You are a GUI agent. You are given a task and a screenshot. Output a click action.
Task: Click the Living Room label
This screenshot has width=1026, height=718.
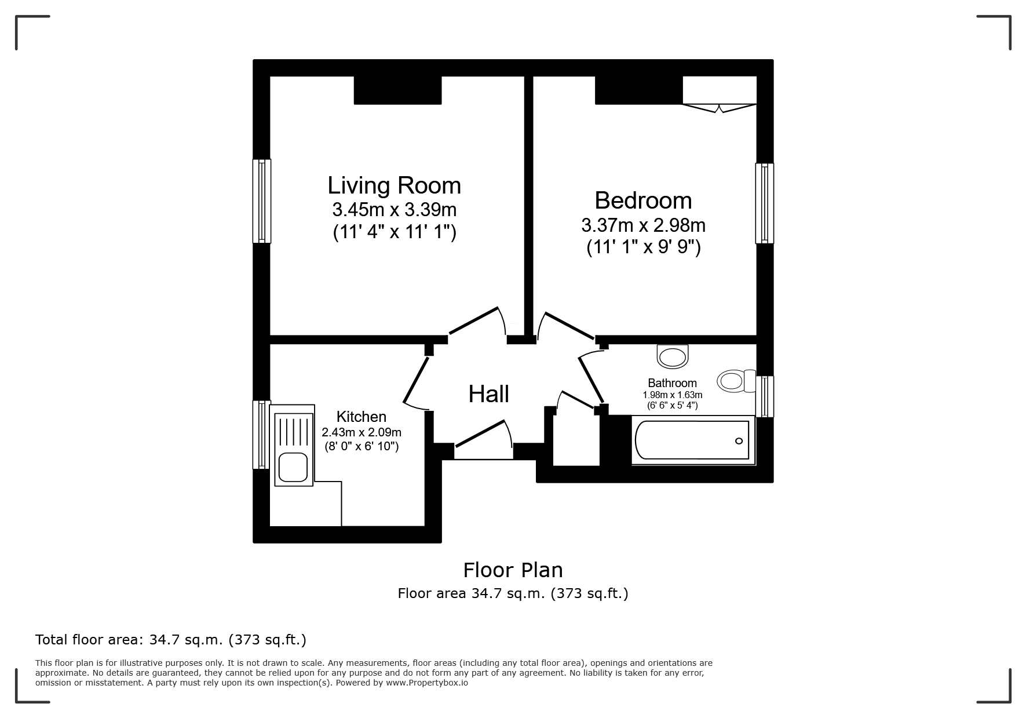[x=394, y=185]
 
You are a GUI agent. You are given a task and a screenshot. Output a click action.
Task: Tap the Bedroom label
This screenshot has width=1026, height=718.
[x=643, y=201]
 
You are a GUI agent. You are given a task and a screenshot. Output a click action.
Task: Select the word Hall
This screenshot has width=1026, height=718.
[x=488, y=394]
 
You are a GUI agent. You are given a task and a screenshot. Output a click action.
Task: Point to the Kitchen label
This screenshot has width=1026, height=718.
[x=361, y=417]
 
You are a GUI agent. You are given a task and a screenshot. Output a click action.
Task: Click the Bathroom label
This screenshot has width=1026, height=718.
[x=672, y=383]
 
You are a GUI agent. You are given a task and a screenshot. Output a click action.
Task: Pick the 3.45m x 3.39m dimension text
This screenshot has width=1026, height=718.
[x=394, y=209]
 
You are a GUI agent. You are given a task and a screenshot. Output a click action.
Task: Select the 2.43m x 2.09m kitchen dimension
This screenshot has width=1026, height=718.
[x=362, y=432]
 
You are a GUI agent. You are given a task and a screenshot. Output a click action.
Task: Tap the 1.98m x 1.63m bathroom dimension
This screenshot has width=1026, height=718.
[x=672, y=395]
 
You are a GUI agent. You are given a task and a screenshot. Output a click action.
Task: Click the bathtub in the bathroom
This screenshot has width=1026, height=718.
[x=693, y=440]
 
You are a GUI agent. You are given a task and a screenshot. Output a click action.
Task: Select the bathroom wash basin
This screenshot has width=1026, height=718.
[x=673, y=356]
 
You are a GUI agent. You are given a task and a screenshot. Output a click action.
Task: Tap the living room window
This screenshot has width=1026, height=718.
[x=262, y=201]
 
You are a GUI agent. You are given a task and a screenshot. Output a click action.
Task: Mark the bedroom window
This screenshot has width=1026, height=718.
[x=765, y=203]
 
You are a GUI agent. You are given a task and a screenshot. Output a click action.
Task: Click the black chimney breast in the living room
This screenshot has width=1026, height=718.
[x=398, y=90]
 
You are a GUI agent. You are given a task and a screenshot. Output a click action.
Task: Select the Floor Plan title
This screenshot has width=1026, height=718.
[x=513, y=570]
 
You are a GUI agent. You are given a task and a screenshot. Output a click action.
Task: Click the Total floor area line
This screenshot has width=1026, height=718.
[x=171, y=640]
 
